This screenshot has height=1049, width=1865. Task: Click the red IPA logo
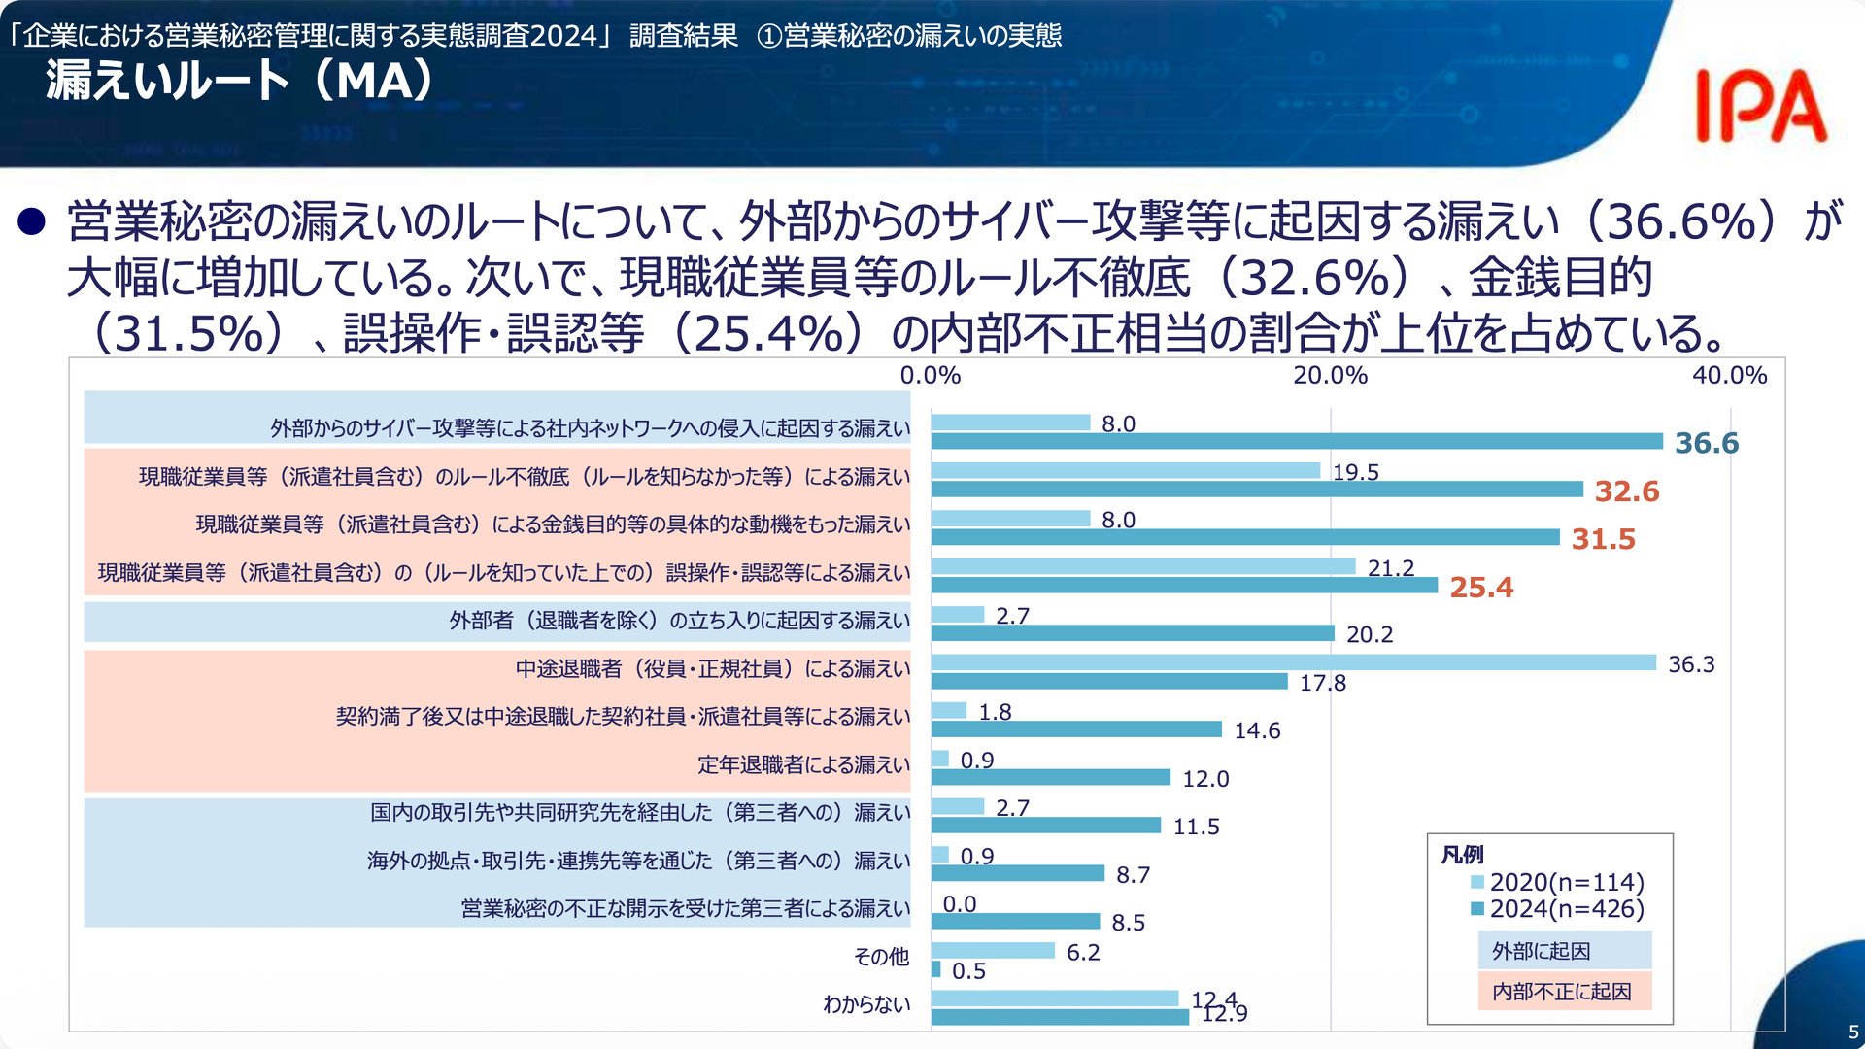[x=1761, y=106]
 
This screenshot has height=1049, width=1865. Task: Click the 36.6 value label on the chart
[x=1707, y=443]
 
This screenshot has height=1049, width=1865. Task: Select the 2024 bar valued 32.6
[x=1257, y=490]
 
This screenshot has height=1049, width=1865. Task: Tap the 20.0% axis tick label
[x=1330, y=376]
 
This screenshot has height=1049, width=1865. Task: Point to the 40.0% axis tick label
[x=1730, y=376]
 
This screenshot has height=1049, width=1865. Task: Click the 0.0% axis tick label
[x=931, y=376]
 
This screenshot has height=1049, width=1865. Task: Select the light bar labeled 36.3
[x=1294, y=662]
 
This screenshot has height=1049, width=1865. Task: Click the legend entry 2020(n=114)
[x=1558, y=882]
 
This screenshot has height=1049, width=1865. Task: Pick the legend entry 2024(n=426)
[x=1558, y=909]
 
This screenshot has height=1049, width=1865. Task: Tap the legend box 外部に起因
[x=1565, y=951]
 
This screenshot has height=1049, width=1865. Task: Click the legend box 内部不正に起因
[x=1565, y=991]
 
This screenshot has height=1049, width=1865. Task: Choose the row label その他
[x=881, y=957]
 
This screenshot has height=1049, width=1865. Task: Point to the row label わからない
[x=866, y=1004]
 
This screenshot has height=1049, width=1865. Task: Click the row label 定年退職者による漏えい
[x=804, y=765]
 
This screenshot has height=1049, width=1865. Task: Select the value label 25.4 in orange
[x=1481, y=588]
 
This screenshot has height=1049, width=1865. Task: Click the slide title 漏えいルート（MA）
[x=239, y=80]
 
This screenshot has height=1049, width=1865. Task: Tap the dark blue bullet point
[x=32, y=222]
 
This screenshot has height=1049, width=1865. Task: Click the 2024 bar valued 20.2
[x=1133, y=633]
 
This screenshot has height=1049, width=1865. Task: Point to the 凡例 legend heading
[x=1462, y=855]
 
